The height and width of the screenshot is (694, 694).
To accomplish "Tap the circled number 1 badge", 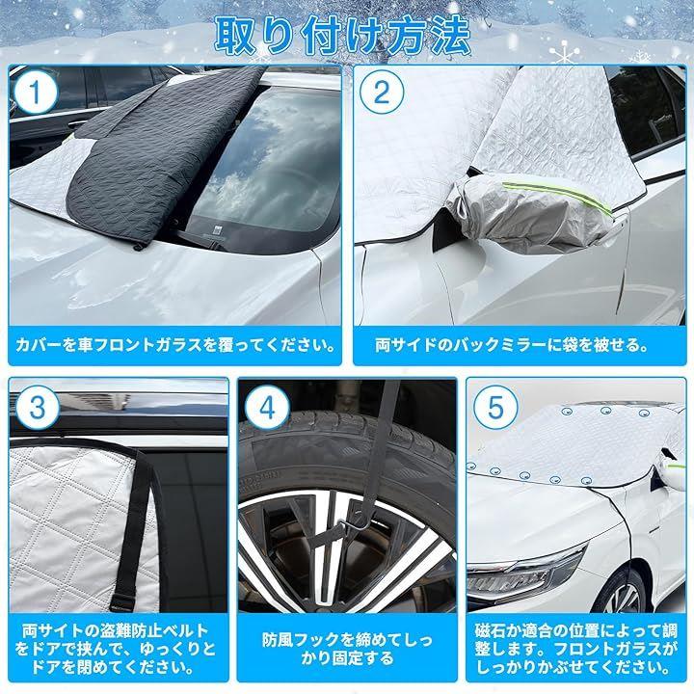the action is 35,93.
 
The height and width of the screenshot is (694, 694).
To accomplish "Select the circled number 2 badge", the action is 382,93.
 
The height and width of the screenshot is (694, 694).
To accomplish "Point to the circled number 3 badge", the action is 38,408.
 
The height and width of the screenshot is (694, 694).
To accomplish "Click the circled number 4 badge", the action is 267,408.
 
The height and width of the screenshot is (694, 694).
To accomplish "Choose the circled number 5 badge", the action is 495,408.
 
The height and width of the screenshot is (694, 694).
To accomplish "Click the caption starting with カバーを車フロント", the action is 174,346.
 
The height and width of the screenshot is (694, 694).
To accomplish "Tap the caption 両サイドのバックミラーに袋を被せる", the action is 511,346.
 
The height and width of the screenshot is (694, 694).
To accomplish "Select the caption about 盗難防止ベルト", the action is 119,649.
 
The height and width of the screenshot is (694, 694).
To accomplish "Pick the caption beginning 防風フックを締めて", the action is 347,649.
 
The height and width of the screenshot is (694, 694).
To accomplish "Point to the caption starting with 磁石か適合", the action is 576,649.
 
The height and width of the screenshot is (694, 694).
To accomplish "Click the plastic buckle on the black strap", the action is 123,601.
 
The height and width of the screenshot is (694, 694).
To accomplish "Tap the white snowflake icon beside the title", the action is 564,53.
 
